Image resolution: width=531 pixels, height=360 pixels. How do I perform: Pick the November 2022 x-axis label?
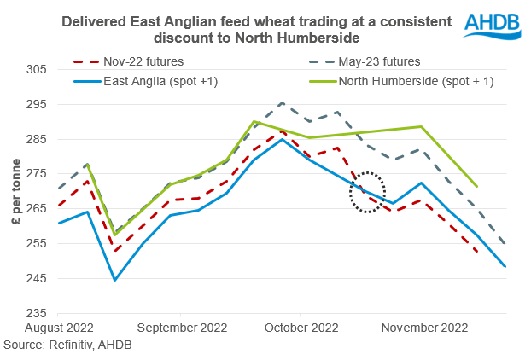coord(423,328)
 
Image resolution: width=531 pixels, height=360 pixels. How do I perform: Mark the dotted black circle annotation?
coord(368,192)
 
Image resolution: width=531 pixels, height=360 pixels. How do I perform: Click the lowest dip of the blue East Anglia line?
coord(114,280)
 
